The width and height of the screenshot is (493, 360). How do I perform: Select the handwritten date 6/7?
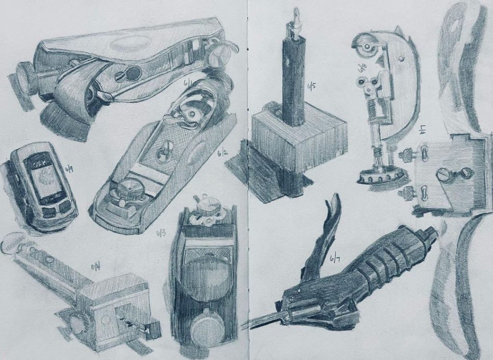[334, 259]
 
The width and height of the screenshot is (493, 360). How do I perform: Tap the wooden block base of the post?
[298, 140]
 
